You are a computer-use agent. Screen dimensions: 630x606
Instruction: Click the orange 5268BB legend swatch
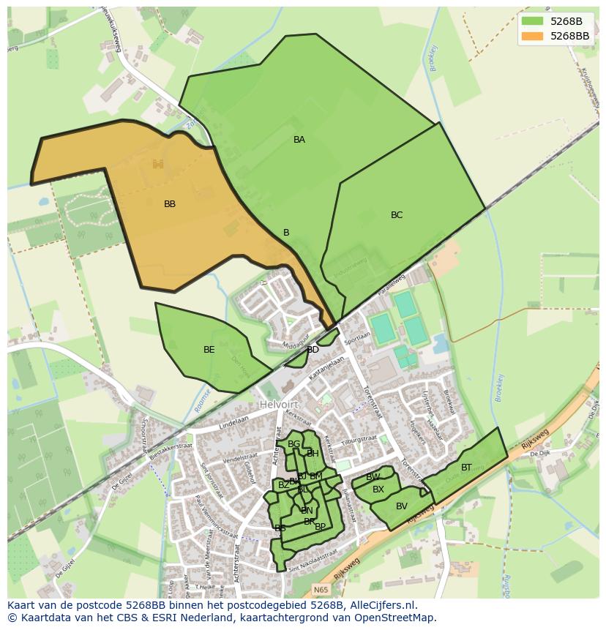tap(532, 36)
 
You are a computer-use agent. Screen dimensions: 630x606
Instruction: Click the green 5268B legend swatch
tap(532, 21)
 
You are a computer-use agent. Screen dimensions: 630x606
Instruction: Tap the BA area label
tap(299, 140)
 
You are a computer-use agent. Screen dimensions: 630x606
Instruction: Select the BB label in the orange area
tap(170, 204)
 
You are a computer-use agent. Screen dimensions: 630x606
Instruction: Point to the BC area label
tap(397, 215)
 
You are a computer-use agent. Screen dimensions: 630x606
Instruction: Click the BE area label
tap(209, 350)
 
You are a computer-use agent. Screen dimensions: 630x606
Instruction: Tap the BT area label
tap(466, 468)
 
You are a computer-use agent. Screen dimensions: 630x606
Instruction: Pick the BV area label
tap(402, 506)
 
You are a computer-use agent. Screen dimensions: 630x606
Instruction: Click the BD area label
tap(313, 350)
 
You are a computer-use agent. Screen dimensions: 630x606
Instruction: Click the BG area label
tap(293, 444)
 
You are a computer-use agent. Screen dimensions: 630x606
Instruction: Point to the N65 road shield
tap(321, 590)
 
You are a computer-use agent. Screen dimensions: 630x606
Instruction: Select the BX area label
tap(378, 490)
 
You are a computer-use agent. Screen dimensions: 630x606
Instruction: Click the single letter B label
tap(286, 233)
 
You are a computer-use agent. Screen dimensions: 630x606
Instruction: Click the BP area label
tap(320, 527)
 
